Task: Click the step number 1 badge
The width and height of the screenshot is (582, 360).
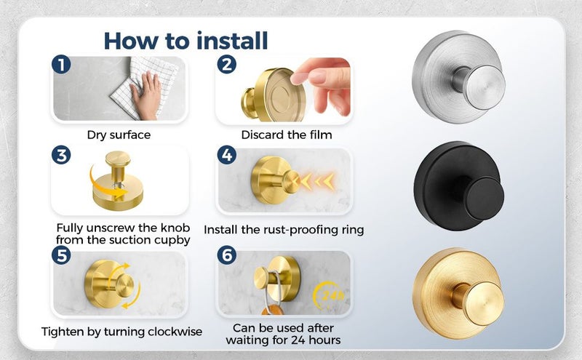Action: pos(61,64)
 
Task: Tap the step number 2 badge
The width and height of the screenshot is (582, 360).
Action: pos(227,64)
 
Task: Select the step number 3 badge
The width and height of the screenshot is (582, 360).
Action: pos(61,155)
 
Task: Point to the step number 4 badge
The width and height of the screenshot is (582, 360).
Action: pos(227,155)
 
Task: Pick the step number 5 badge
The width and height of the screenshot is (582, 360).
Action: pos(61,255)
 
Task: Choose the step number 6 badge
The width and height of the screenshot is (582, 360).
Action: pos(227,255)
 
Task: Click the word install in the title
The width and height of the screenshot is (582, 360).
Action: pos(232,41)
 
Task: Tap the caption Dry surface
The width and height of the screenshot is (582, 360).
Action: pos(119,135)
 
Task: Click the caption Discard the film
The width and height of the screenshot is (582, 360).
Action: pos(287,135)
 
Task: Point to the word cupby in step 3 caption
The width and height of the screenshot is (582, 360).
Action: pos(172,241)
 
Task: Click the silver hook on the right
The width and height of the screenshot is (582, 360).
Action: pos(458,77)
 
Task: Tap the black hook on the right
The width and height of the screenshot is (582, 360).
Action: pos(459,186)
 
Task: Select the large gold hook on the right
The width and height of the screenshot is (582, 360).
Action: pos(458,293)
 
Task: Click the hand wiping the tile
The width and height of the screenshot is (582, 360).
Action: pos(146,95)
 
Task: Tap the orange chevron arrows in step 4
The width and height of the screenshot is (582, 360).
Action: pos(316,182)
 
